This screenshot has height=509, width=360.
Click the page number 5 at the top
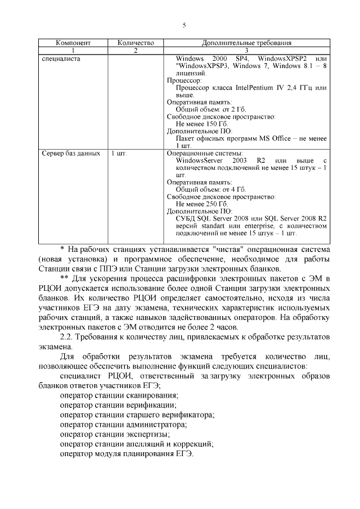[183, 24]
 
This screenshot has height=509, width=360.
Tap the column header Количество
[135, 43]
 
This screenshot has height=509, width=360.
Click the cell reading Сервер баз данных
[71, 153]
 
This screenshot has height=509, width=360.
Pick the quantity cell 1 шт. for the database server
[119, 153]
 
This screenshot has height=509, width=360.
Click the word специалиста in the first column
[61, 58]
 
